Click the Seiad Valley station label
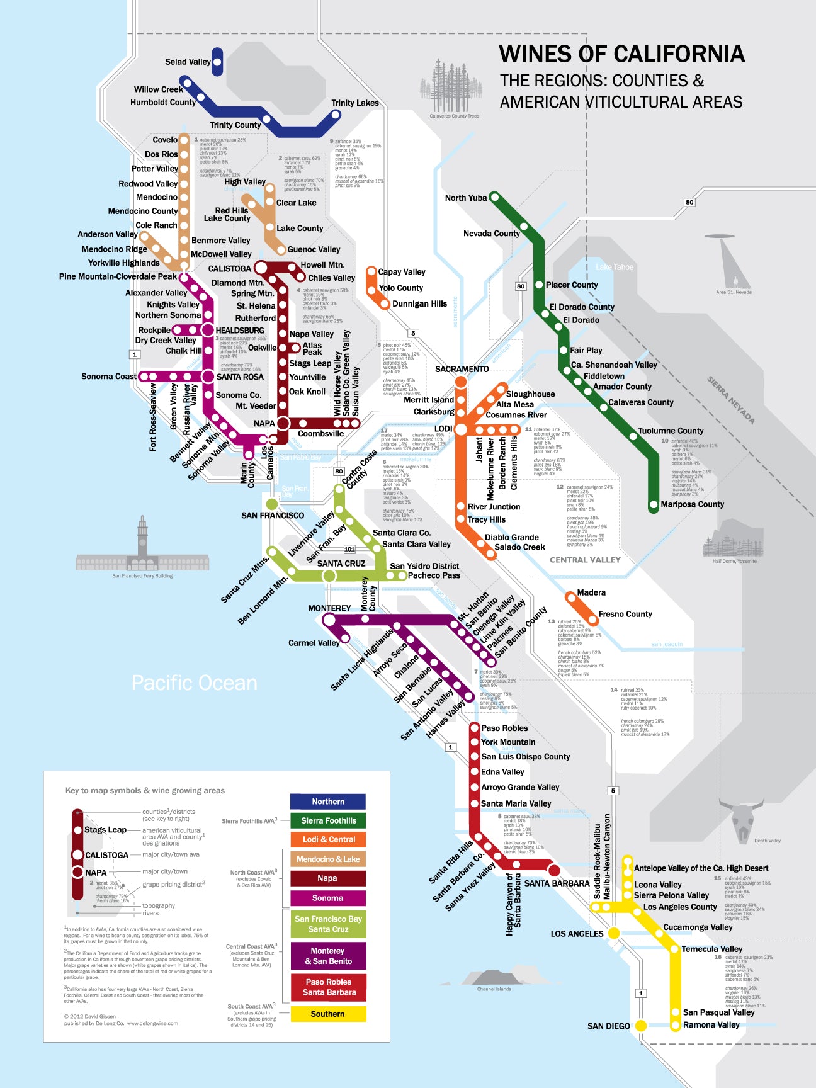[x=187, y=62]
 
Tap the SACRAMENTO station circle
[x=461, y=382]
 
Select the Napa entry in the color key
[x=327, y=878]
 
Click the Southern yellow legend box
[x=327, y=1014]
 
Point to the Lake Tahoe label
[x=615, y=267]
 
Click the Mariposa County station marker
[x=654, y=505]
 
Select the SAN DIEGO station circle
[x=641, y=1026]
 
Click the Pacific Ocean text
[x=194, y=683]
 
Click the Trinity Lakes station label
[x=355, y=103]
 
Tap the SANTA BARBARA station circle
[x=554, y=870]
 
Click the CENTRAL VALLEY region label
[x=585, y=560]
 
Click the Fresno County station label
[x=625, y=614]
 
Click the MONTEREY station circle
[x=329, y=620]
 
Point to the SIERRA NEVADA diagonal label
[x=730, y=400]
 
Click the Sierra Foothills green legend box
[x=327, y=820]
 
